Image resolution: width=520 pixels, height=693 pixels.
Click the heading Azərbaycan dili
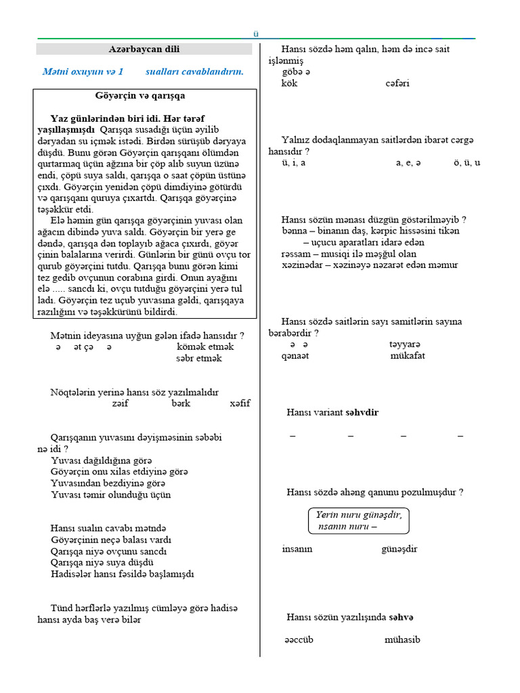click(x=144, y=49)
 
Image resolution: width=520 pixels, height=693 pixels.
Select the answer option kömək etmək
click(x=204, y=346)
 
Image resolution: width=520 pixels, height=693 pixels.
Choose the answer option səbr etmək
click(x=198, y=358)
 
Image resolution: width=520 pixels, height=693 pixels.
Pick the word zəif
click(x=120, y=403)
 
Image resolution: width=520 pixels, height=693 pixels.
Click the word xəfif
click(x=240, y=403)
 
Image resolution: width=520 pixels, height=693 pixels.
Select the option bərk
click(x=181, y=403)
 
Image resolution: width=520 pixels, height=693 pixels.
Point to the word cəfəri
click(x=397, y=84)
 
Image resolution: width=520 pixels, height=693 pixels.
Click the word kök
click(x=289, y=84)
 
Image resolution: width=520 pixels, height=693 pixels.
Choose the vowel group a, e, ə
click(x=408, y=163)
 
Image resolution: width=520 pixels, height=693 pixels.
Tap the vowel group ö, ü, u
click(x=467, y=163)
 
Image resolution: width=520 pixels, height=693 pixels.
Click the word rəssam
click(x=296, y=254)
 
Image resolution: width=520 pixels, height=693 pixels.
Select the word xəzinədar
click(x=302, y=265)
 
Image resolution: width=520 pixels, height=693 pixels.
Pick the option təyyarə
click(x=405, y=344)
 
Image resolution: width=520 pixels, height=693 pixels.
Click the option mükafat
click(x=408, y=356)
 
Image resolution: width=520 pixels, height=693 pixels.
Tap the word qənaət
click(x=295, y=356)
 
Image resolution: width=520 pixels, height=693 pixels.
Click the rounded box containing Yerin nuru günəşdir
click(x=359, y=520)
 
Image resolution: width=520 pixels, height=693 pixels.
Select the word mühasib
click(x=402, y=640)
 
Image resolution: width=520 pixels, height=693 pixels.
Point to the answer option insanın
click(x=297, y=549)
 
